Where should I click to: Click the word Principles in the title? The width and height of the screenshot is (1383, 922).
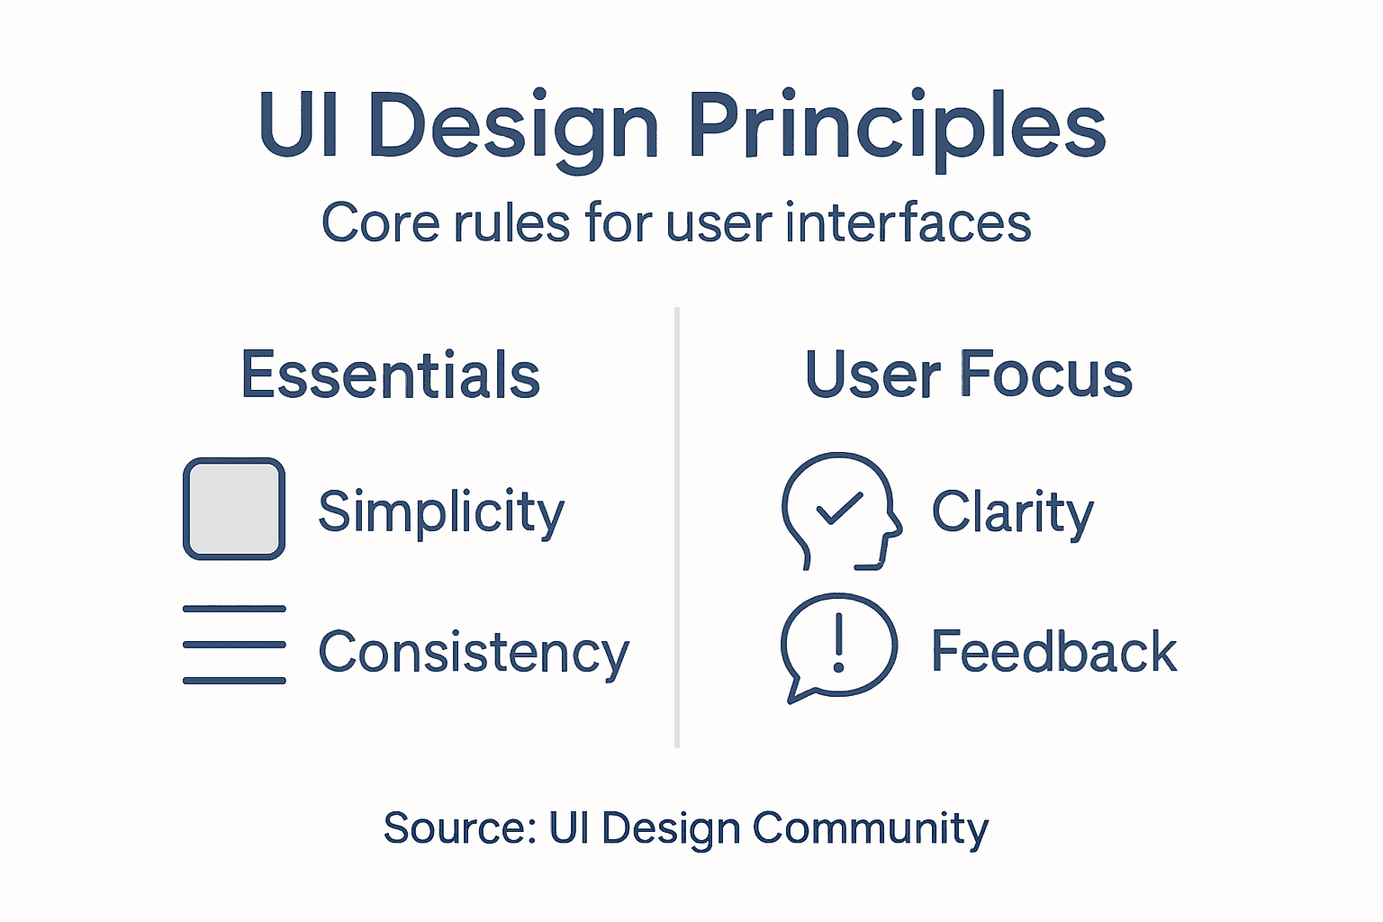[x=897, y=126]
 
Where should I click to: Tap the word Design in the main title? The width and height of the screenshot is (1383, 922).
[x=513, y=126]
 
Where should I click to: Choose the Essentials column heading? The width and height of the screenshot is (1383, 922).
[x=390, y=375]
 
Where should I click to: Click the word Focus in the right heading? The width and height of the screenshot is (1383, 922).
[x=1046, y=375]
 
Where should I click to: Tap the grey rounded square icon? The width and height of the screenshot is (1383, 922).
[x=234, y=509]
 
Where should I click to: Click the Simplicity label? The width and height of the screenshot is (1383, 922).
[x=441, y=511]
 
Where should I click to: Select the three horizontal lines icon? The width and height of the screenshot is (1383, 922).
[x=234, y=645]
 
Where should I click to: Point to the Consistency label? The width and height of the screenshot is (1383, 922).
[x=474, y=652]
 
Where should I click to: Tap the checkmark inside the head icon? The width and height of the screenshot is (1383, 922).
[x=839, y=509]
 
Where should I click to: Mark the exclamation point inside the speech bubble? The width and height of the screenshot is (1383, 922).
[x=839, y=643]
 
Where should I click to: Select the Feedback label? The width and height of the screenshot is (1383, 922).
[x=1053, y=652]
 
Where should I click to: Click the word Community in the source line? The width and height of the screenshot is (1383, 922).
[x=870, y=827]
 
